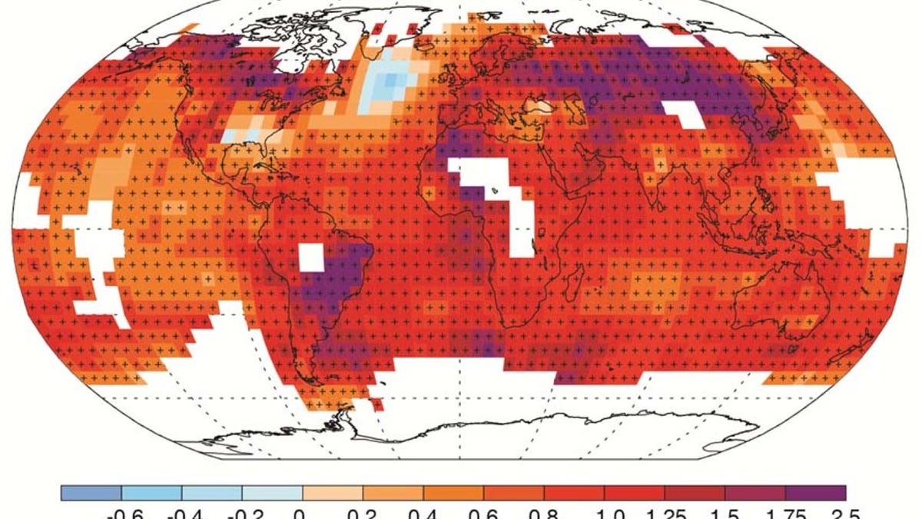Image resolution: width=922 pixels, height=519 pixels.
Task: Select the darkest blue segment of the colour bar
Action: pyautogui.click(x=91, y=493)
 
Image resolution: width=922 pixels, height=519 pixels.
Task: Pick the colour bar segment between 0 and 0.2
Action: pyautogui.click(x=333, y=493)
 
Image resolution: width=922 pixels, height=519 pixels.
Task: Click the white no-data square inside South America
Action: pyautogui.click(x=311, y=257)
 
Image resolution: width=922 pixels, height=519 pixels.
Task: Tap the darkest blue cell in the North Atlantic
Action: pyautogui.click(x=393, y=79)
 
